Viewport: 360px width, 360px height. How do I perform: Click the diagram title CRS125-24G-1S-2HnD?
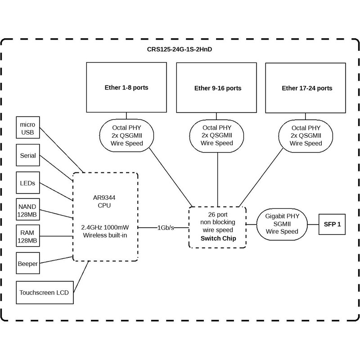pos(179,49)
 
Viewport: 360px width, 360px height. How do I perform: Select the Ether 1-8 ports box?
pos(126,87)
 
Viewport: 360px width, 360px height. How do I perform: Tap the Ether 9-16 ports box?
pos(216,88)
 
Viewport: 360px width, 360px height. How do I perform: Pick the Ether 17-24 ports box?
pos(306,88)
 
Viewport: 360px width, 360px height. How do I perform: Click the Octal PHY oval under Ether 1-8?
pos(126,135)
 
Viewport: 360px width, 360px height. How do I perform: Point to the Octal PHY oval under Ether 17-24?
pos(306,136)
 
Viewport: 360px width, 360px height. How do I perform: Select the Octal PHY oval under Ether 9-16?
pos(216,136)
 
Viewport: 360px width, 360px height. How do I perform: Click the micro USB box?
pos(28,127)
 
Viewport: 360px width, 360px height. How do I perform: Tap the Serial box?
pos(28,155)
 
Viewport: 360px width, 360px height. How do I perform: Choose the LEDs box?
pos(28,183)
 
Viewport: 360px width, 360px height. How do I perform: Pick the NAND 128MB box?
pos(28,210)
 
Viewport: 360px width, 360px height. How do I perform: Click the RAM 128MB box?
pos(28,236)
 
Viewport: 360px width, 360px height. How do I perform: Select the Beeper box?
pos(28,263)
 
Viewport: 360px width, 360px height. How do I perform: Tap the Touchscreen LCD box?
pos(45,292)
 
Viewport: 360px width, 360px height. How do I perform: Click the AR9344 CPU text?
pos(104,201)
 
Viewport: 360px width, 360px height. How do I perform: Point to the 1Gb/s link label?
pos(166,228)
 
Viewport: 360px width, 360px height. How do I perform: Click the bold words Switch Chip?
pos(218,238)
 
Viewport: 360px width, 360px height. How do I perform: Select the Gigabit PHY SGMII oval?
pos(282,224)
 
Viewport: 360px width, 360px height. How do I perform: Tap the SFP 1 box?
pos(332,224)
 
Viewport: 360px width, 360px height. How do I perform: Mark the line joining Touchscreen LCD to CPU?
pos(81,277)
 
